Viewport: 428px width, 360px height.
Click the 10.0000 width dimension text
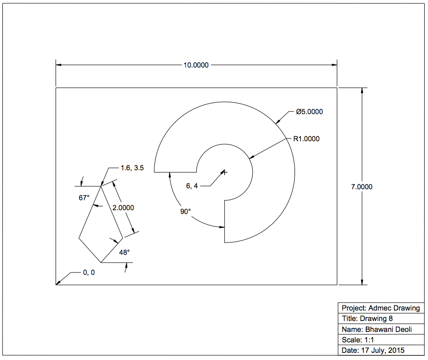click(x=196, y=65)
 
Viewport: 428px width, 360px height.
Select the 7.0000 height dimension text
click(x=361, y=187)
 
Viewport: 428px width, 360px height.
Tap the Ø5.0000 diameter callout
click(x=309, y=112)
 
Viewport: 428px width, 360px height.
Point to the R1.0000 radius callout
click(x=306, y=139)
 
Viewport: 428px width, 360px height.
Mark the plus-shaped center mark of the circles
click(x=225, y=172)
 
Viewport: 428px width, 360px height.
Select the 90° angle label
click(x=185, y=212)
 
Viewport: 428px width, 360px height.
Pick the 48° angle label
click(x=124, y=253)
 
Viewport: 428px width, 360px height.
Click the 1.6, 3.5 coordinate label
click(x=132, y=168)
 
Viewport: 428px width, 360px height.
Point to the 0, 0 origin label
click(x=89, y=272)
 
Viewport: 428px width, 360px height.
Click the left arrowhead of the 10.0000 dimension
click(x=59, y=65)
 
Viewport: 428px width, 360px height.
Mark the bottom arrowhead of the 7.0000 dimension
click(x=362, y=282)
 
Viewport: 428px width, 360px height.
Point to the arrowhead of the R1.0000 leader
click(x=252, y=157)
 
